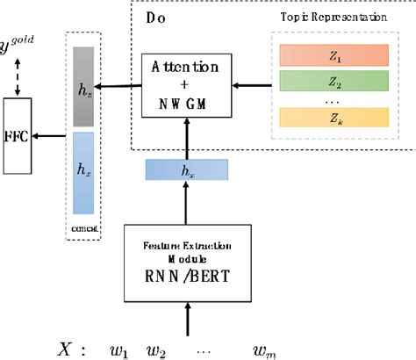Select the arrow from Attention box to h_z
pyautogui.click(x=118, y=85)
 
